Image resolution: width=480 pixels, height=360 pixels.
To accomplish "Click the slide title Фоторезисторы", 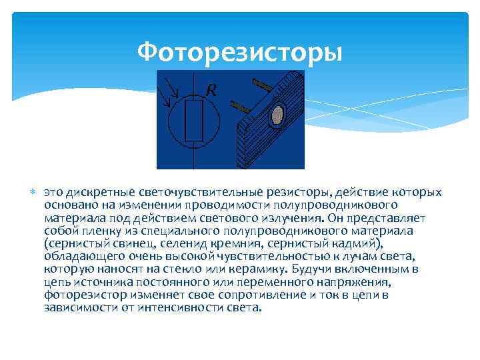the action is pyautogui.click(x=239, y=53).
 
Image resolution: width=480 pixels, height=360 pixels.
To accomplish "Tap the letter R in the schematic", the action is pyautogui.click(x=211, y=90).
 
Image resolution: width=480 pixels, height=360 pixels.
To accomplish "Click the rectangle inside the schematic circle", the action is pyautogui.click(x=194, y=121).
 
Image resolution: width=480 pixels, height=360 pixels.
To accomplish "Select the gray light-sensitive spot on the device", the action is pyautogui.click(x=277, y=115).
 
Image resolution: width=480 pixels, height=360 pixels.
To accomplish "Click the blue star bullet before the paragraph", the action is pyautogui.click(x=33, y=192).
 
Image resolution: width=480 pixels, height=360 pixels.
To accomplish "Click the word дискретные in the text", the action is pyautogui.click(x=101, y=193).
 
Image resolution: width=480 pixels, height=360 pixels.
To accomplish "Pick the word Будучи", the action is pyautogui.click(x=309, y=269).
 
